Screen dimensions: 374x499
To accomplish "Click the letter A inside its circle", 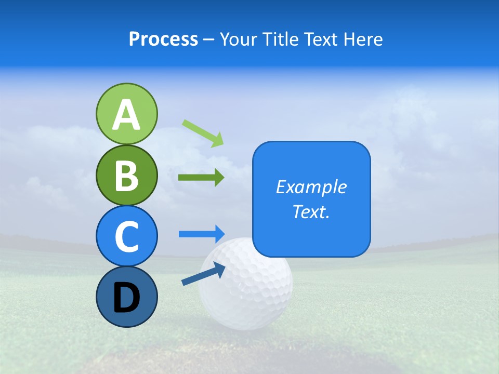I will [126, 115].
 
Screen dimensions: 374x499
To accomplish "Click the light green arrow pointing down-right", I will [203, 132].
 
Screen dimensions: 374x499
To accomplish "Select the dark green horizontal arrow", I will [201, 178].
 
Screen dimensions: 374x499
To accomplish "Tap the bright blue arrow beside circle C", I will [202, 234].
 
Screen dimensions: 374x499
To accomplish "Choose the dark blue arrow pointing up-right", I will [203, 274].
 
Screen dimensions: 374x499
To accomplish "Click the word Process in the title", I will [163, 39].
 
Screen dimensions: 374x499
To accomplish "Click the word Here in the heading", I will [364, 39].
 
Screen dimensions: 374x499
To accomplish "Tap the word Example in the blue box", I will [311, 187].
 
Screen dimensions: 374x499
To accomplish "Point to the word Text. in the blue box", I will [311, 211].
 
